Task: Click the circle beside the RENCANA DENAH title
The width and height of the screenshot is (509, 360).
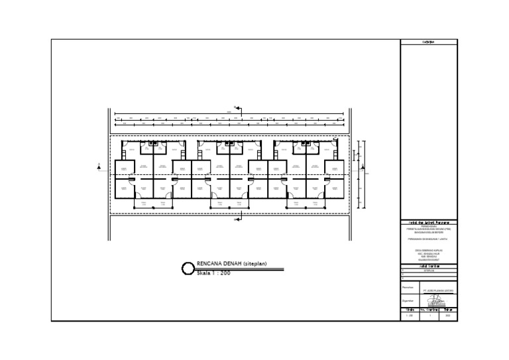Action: [188, 269]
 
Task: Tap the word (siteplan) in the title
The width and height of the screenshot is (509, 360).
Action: [254, 264]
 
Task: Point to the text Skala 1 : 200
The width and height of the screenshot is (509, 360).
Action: [213, 273]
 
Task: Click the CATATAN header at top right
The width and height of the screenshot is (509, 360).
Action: [429, 42]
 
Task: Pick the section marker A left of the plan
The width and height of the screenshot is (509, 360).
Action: [99, 167]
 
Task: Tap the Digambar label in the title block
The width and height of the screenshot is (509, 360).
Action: [408, 300]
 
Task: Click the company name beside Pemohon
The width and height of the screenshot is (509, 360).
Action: [437, 290]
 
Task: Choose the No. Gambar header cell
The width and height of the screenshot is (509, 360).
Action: [430, 310]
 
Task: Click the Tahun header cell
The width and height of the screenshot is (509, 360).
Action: [449, 310]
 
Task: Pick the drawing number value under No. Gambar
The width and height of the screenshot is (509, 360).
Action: [430, 316]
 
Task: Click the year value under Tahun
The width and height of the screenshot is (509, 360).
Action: [449, 316]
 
